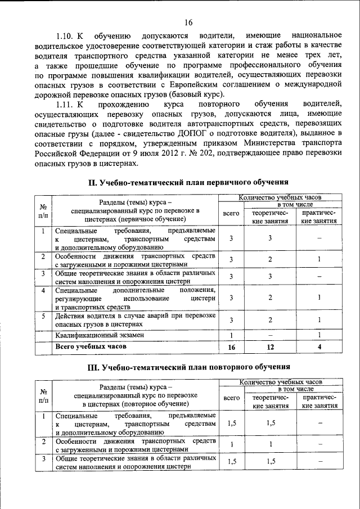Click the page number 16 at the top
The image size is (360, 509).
pos(187,22)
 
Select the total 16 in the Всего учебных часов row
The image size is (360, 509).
pos(231,348)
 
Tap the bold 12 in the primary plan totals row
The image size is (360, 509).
pos(270,348)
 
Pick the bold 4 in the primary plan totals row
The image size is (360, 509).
pos(319,348)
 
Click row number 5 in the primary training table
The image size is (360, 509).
pos(43,316)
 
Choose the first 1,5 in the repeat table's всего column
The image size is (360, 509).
pos(231,424)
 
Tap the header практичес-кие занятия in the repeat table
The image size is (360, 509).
pos(319,402)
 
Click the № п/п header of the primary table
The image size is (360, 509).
pos(43,211)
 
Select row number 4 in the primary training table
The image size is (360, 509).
pos(43,290)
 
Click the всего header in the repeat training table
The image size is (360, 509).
pos(231,398)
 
